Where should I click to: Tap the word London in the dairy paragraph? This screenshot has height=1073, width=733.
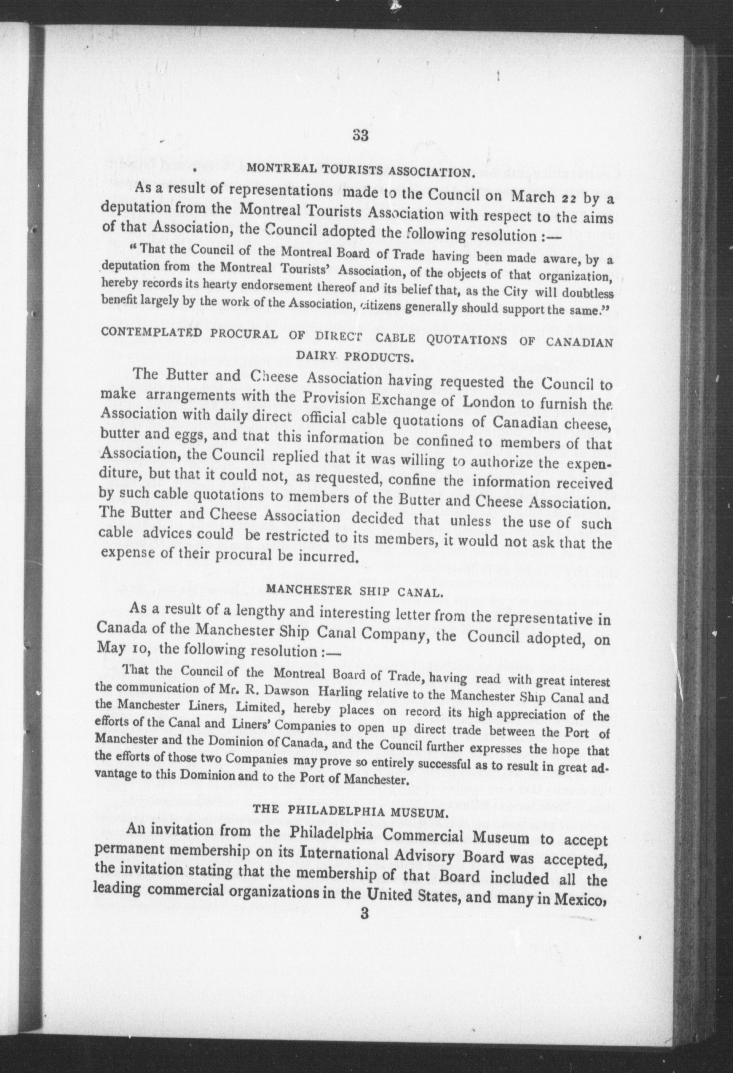point(488,402)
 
